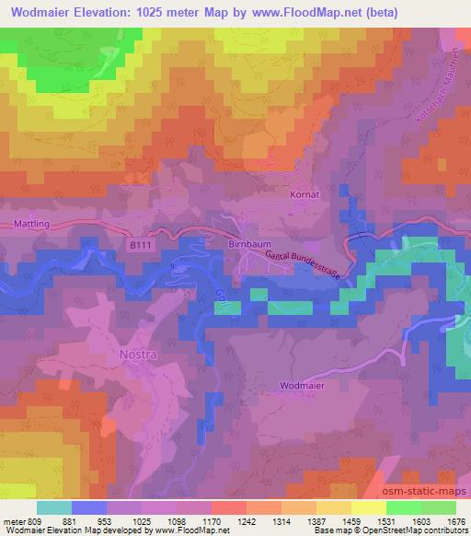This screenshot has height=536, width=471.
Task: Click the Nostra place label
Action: [140, 353]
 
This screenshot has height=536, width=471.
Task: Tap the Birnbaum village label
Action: [246, 245]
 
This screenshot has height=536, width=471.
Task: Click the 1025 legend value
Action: [141, 520]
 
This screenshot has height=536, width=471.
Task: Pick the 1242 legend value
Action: [246, 520]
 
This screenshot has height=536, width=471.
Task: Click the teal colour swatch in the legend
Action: [54, 507]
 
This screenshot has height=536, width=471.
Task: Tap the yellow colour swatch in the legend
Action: [368, 507]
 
